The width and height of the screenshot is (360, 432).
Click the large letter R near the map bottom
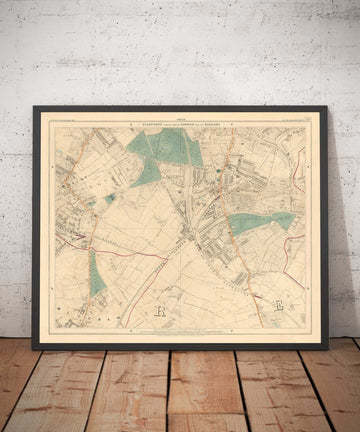(161, 311)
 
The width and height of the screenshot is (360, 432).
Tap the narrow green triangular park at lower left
(96, 274)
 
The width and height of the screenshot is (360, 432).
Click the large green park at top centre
(165, 150)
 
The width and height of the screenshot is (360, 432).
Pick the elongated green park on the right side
(259, 222)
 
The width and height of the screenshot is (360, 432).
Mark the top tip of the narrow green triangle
(93, 250)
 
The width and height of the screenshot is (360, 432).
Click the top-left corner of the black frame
(33, 107)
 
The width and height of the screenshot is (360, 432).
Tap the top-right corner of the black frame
(326, 107)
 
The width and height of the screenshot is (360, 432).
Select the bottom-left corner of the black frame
(33, 349)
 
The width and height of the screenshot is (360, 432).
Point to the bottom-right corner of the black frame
(326, 349)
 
